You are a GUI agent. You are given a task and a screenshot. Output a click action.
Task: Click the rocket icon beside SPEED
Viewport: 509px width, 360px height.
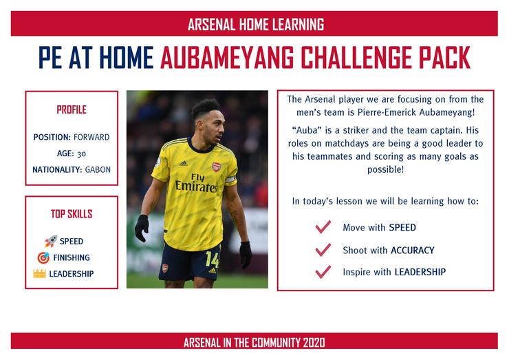coord(51,241)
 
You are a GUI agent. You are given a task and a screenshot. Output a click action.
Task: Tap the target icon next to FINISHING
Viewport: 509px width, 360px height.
coord(43,257)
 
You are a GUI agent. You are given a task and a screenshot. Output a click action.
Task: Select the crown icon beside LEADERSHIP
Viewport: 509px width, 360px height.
coord(39,273)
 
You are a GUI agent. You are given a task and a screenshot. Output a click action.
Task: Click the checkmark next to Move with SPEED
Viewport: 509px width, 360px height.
coord(323,226)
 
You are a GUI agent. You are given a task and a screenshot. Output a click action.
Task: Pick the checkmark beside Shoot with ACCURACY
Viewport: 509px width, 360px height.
coord(323,250)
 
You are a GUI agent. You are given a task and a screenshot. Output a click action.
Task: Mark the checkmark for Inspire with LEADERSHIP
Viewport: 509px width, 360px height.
coord(323,272)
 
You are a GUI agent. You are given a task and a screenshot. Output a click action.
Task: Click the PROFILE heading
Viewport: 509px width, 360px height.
coord(72,110)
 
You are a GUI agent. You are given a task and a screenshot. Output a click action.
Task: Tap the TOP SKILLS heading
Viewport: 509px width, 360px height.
coord(72,214)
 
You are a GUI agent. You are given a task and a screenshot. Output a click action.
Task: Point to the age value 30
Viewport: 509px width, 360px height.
coord(81,153)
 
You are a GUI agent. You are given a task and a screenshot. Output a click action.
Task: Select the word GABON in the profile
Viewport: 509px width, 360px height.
coord(98,169)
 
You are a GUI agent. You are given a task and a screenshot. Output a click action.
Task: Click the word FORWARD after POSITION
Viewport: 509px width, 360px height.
coord(91,137)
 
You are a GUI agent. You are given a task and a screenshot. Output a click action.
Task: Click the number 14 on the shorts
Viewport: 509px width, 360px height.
coord(213,260)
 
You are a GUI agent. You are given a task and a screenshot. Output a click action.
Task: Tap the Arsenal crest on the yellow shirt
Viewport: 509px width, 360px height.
coord(216,167)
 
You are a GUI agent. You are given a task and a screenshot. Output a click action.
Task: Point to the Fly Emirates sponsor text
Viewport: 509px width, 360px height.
coord(197,183)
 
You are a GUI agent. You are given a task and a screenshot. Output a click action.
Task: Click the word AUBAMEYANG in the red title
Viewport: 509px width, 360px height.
coord(227,58)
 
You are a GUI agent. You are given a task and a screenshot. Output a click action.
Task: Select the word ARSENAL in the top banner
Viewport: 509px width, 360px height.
coord(211,24)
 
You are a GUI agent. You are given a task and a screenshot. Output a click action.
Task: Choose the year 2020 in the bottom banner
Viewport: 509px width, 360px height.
coord(314,343)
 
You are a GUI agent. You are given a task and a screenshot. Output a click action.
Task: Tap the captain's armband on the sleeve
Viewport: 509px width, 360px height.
coord(231,179)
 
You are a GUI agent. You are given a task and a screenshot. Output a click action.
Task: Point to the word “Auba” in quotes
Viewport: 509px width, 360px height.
coord(307,130)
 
